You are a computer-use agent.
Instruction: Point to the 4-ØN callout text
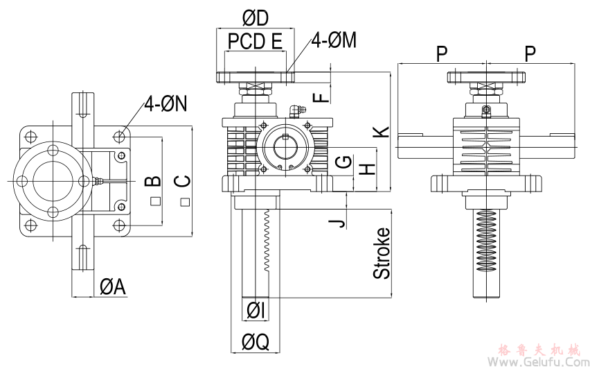tap(166, 105)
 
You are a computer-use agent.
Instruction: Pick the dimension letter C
tap(182, 181)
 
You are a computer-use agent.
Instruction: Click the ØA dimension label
tap(112, 287)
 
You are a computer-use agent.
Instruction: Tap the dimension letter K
tap(382, 131)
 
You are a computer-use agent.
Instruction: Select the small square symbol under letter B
tap(155, 201)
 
